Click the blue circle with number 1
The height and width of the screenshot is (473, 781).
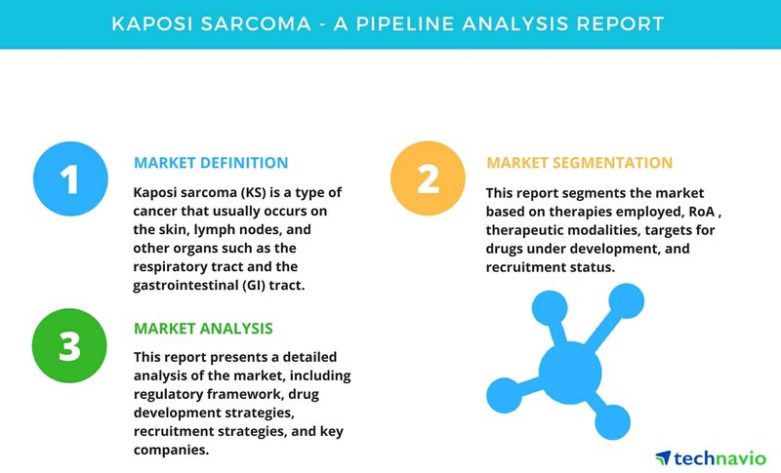[70, 178]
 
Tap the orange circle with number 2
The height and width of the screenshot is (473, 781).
[428, 178]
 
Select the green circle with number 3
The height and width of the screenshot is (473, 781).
[69, 345]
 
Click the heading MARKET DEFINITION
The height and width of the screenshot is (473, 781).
[211, 163]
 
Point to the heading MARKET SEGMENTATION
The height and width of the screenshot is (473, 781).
[579, 163]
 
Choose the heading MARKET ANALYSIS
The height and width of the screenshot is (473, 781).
[203, 329]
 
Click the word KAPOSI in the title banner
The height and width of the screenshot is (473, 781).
[152, 23]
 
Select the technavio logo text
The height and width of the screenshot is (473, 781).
[719, 458]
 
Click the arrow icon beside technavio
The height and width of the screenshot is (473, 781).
[663, 457]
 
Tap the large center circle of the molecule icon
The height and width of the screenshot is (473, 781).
[570, 372]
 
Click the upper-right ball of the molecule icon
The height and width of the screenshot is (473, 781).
[626, 301]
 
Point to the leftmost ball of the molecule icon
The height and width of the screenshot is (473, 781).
[504, 395]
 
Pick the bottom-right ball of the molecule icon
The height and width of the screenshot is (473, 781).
[612, 421]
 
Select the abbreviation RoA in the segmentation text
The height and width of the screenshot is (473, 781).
[702, 212]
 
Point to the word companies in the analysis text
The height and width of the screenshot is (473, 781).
[171, 451]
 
